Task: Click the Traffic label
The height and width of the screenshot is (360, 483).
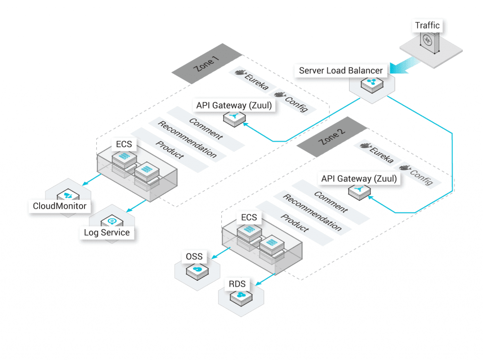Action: coord(427,25)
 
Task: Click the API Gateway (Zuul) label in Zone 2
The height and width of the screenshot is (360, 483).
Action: coord(359,179)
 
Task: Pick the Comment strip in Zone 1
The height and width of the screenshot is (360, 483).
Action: coord(206,128)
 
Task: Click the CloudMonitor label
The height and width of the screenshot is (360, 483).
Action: coord(60,206)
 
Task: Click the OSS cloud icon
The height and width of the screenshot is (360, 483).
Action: coord(197,270)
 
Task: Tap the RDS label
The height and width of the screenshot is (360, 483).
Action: coord(237,284)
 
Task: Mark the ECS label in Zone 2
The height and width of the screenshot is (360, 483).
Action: coord(249,217)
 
